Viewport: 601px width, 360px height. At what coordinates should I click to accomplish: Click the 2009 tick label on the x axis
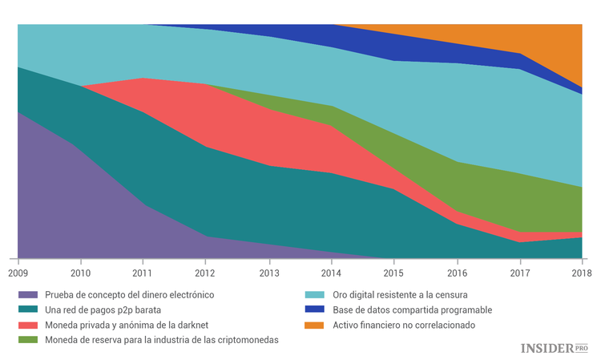(18, 273)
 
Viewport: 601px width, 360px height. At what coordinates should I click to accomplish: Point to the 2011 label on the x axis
(143, 273)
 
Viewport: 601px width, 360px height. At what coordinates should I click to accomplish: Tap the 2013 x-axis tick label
(269, 273)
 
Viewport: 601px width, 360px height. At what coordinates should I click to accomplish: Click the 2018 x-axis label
(581, 273)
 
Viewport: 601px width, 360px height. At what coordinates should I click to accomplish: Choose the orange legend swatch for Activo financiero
(318, 326)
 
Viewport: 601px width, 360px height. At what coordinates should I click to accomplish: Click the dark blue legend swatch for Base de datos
(318, 310)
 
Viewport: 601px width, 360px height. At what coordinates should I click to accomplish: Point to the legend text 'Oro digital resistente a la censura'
(401, 295)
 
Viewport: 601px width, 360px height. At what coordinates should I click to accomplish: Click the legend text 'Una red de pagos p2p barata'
(108, 310)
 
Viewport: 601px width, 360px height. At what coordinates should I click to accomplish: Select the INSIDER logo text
(547, 348)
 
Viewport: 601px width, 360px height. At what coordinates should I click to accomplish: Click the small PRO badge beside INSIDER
(582, 348)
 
